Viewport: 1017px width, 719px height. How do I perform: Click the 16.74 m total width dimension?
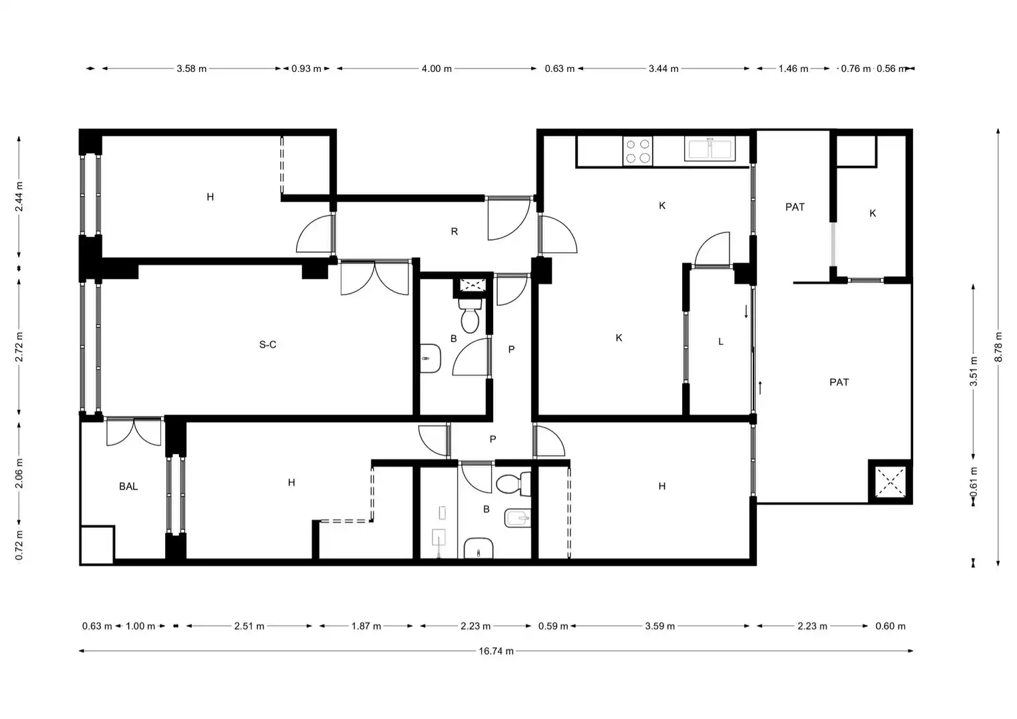tap(496, 651)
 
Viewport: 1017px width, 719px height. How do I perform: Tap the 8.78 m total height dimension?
tap(998, 347)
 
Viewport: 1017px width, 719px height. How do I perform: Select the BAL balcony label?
tap(128, 487)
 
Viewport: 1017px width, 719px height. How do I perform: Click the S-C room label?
tap(268, 345)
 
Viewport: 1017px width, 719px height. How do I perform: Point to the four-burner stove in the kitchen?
tap(638, 151)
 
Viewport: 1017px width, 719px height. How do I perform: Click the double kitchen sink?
tap(710, 149)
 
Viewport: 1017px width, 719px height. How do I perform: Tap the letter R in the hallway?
tap(454, 232)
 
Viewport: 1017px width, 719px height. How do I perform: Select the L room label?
tap(721, 342)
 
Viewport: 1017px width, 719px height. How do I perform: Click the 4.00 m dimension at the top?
tap(437, 69)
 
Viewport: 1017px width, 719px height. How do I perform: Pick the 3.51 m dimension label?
tap(974, 371)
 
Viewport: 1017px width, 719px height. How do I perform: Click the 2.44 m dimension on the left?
tap(19, 196)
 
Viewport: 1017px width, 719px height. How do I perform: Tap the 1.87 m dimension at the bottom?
tap(366, 626)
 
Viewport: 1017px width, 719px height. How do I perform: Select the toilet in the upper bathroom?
tap(470, 315)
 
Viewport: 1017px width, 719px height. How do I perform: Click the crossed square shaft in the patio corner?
tap(890, 482)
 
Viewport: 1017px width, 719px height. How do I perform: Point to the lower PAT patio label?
tap(839, 382)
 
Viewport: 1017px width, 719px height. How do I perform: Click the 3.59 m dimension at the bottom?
tap(660, 626)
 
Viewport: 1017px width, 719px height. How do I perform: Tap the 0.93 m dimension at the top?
tap(306, 69)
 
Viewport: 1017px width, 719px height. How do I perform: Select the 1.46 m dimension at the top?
tap(793, 69)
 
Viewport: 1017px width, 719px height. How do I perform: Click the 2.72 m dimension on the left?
tap(19, 347)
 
